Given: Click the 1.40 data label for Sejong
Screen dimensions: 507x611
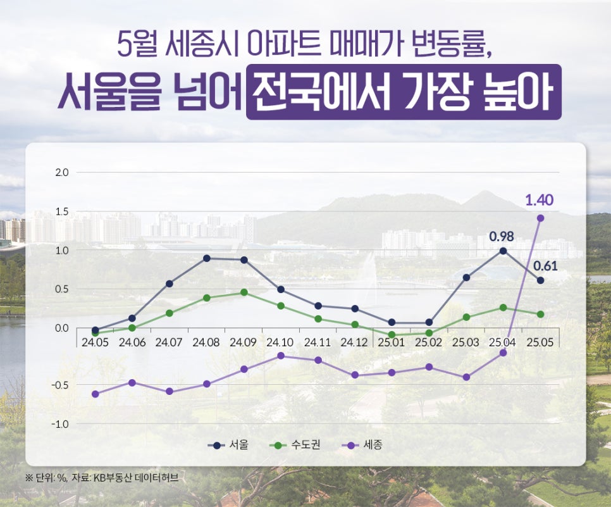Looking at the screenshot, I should [540, 201].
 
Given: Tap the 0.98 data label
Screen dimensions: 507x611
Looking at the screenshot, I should [501, 237].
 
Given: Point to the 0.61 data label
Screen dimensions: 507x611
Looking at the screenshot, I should [545, 265].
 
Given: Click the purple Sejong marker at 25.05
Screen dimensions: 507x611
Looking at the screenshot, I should [540, 218].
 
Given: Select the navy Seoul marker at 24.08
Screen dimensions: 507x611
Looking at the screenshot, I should [207, 258].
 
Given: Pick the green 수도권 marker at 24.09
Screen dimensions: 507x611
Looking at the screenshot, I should [244, 292].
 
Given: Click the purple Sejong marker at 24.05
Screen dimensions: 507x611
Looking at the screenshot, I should [95, 394].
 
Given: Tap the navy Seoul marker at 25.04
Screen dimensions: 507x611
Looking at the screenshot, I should [503, 251].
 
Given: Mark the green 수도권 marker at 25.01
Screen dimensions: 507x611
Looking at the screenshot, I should [392, 334].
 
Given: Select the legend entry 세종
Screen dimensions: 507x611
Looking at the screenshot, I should [364, 445].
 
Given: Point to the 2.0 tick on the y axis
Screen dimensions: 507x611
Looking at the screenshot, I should [63, 172].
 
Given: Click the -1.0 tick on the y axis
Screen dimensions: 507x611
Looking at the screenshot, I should [60, 423].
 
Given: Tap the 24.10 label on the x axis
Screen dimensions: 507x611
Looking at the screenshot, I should [280, 342].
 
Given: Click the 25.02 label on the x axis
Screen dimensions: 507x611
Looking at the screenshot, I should [429, 342].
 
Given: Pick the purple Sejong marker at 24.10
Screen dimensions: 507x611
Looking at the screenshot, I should [280, 356].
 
